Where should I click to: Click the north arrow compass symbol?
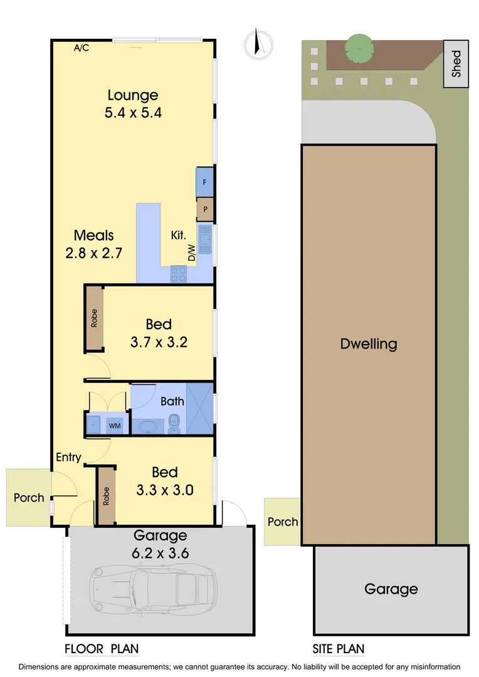click(x=258, y=45)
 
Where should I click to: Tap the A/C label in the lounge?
click(x=81, y=48)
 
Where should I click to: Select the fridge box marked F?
click(x=204, y=182)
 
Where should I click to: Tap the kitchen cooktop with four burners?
click(x=179, y=274)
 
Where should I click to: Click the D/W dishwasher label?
click(x=191, y=253)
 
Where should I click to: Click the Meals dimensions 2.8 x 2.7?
click(x=94, y=253)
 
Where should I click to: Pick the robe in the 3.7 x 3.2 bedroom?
click(x=94, y=318)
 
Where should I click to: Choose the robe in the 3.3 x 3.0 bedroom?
click(x=106, y=495)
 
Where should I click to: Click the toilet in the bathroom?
click(x=175, y=424)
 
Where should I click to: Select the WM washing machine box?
click(x=115, y=426)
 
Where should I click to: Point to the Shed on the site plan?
click(x=456, y=64)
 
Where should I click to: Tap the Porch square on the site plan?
click(x=282, y=521)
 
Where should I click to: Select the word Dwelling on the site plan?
click(x=369, y=344)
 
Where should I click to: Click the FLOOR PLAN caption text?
click(x=102, y=649)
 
